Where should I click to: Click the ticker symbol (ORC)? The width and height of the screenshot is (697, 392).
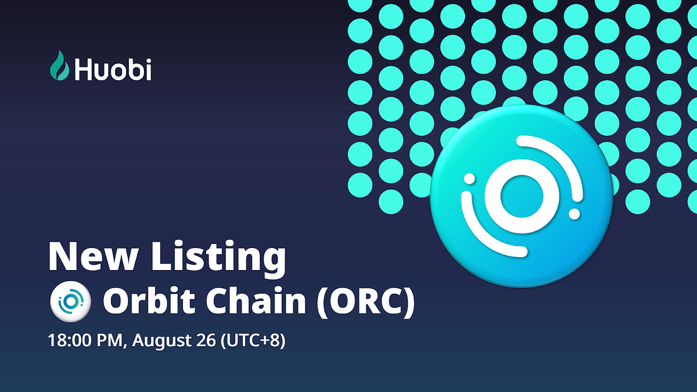[x=365, y=303]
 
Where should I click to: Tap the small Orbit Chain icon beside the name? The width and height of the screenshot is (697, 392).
[x=69, y=303]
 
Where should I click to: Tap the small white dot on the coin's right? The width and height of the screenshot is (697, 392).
[x=574, y=214]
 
